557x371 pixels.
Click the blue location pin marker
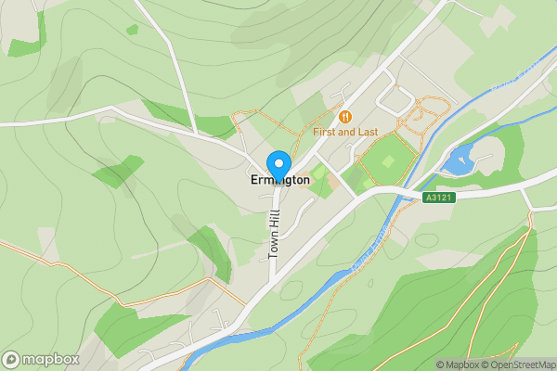pyautogui.click(x=278, y=164)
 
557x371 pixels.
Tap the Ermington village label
pyautogui.click(x=279, y=181)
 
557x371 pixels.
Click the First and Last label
pyautogui.click(x=345, y=133)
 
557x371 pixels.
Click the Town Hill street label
pyautogui.click(x=274, y=231)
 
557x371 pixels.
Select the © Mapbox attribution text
pyautogui.click(x=457, y=365)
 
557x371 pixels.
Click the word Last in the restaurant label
pyautogui.click(x=367, y=133)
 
